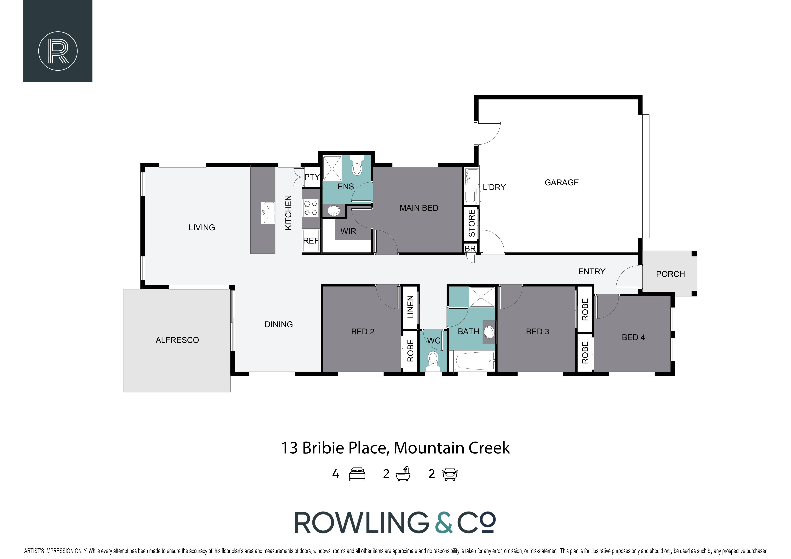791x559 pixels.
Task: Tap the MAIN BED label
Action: (x=419, y=208)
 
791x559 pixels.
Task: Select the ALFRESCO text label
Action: (x=177, y=340)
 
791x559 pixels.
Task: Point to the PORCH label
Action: (x=670, y=274)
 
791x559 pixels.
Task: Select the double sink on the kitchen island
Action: (x=268, y=212)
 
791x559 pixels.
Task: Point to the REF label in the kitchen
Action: (x=311, y=241)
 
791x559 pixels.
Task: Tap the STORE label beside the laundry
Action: (x=472, y=223)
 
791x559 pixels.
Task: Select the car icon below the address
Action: (x=450, y=474)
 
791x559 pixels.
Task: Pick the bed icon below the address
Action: (x=357, y=474)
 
